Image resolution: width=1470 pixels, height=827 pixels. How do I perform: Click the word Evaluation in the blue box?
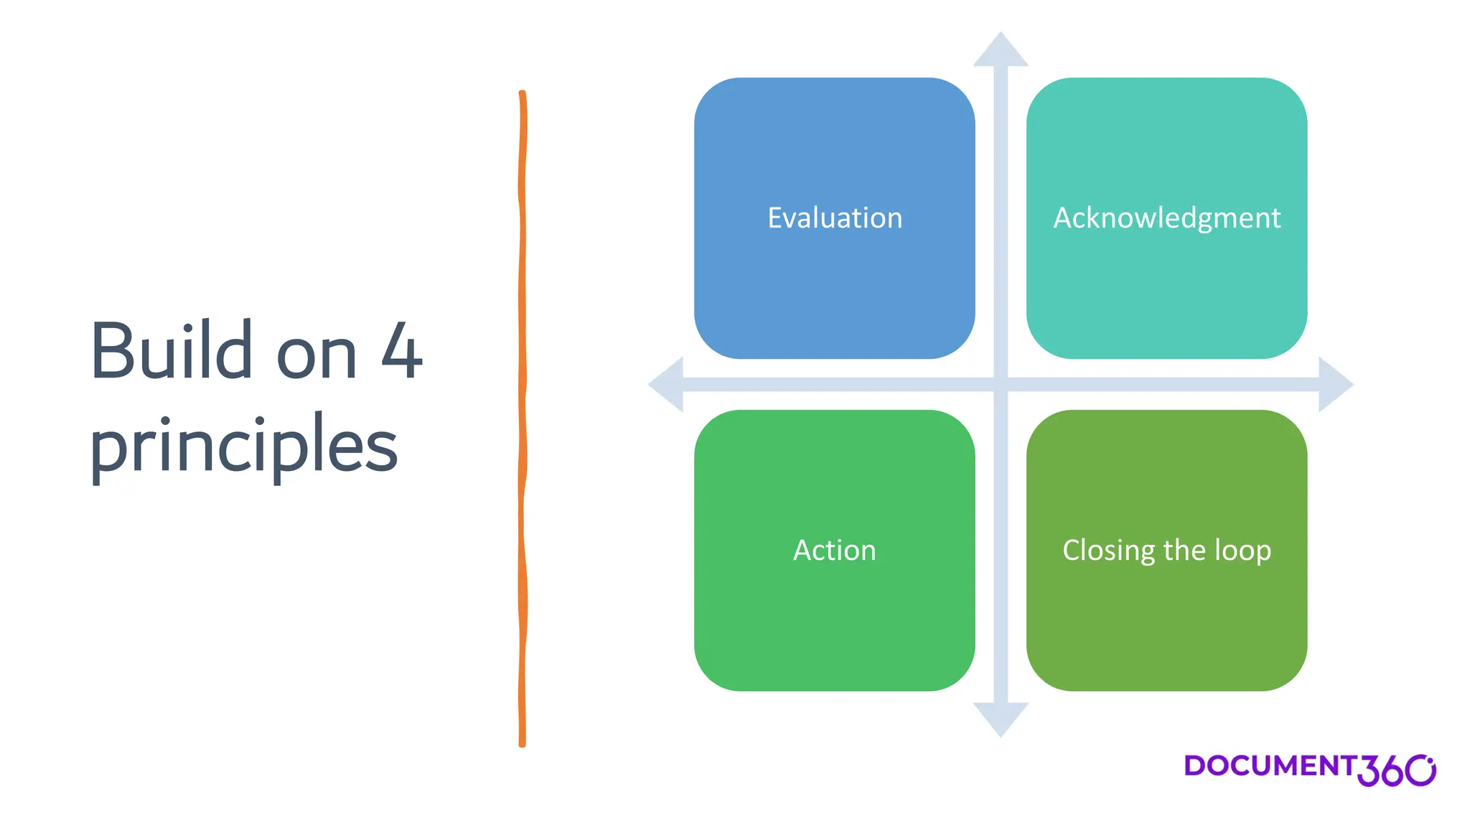pos(834,218)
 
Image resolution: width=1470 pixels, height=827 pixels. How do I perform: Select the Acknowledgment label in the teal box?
pos(1166,218)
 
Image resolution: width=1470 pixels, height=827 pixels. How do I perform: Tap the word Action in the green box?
pos(834,550)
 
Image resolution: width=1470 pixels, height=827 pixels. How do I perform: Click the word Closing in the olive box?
pos(1108,551)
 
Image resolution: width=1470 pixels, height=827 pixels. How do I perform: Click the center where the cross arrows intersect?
pos(1001,385)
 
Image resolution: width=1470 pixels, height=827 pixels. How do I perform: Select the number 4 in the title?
pos(401,351)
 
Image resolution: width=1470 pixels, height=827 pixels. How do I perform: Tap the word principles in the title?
pos(243,445)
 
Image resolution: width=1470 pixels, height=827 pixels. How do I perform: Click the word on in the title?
pos(317,355)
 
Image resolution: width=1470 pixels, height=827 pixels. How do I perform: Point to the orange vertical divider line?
pos(523,416)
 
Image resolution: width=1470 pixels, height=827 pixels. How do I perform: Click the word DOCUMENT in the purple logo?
pos(1269,765)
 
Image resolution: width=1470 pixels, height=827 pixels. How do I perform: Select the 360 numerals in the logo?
pos(1395,770)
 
